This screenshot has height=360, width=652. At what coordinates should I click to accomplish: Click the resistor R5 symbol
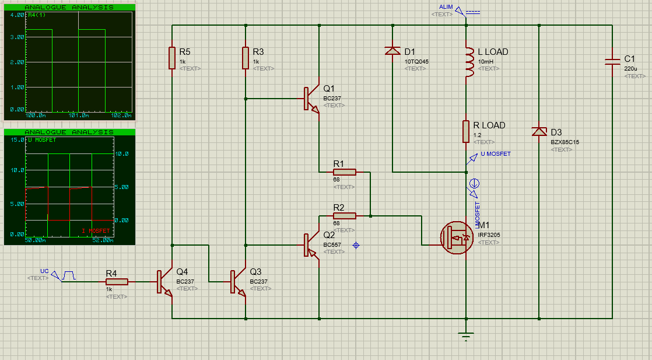click(x=172, y=58)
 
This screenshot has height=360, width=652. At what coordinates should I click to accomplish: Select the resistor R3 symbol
click(x=246, y=58)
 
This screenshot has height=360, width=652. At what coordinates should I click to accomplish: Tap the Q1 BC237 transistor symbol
click(x=311, y=99)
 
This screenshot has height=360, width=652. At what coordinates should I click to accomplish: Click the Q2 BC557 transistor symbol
click(x=311, y=245)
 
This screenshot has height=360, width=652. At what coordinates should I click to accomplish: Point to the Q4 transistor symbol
click(x=164, y=282)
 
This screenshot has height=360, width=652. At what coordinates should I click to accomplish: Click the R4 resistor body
click(x=117, y=282)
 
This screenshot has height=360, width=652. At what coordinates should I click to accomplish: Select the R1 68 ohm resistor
click(x=344, y=172)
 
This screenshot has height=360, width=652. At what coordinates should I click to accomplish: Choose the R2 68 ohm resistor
click(x=344, y=216)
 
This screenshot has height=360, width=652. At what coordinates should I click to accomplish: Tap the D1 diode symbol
click(x=392, y=51)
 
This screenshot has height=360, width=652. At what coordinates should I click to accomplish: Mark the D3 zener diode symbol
click(x=539, y=132)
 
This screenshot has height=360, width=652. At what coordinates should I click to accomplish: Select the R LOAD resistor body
click(x=466, y=131)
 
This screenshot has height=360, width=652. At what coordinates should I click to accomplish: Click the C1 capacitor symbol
click(x=612, y=61)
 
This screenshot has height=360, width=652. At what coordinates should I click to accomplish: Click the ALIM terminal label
click(x=446, y=7)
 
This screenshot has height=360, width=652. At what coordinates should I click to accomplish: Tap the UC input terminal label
click(x=44, y=271)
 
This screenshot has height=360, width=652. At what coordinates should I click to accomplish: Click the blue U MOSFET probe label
click(x=495, y=154)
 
